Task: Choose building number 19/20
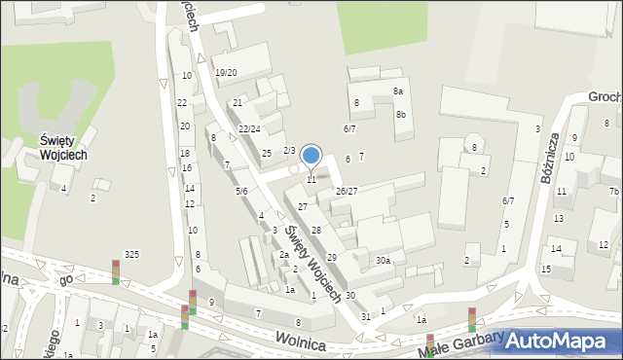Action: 226,73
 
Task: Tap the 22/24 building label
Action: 249,129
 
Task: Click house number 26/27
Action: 347,192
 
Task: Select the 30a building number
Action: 384,261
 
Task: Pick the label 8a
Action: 398,91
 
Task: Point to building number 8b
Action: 401,115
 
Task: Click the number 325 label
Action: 131,255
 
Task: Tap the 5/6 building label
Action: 241,192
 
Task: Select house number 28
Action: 316,230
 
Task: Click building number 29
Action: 332,257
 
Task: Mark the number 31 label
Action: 366,317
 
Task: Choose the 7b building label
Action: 613,191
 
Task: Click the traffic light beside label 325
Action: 116,271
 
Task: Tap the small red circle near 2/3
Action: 294,169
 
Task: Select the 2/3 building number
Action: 289,150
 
